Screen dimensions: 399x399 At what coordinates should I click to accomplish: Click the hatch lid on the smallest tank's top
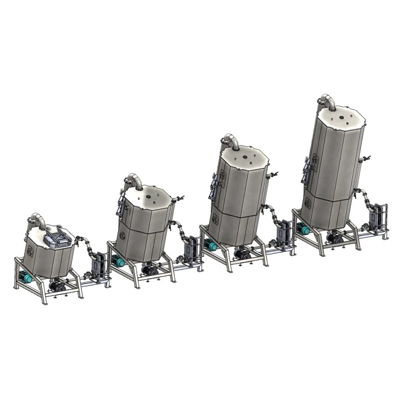[x=56, y=239]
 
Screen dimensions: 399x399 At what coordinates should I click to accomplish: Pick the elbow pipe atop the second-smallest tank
[x=134, y=180]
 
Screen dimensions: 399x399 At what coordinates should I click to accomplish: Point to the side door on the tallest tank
[x=306, y=170]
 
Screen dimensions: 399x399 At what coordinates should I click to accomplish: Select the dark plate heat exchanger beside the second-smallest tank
[x=191, y=248]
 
